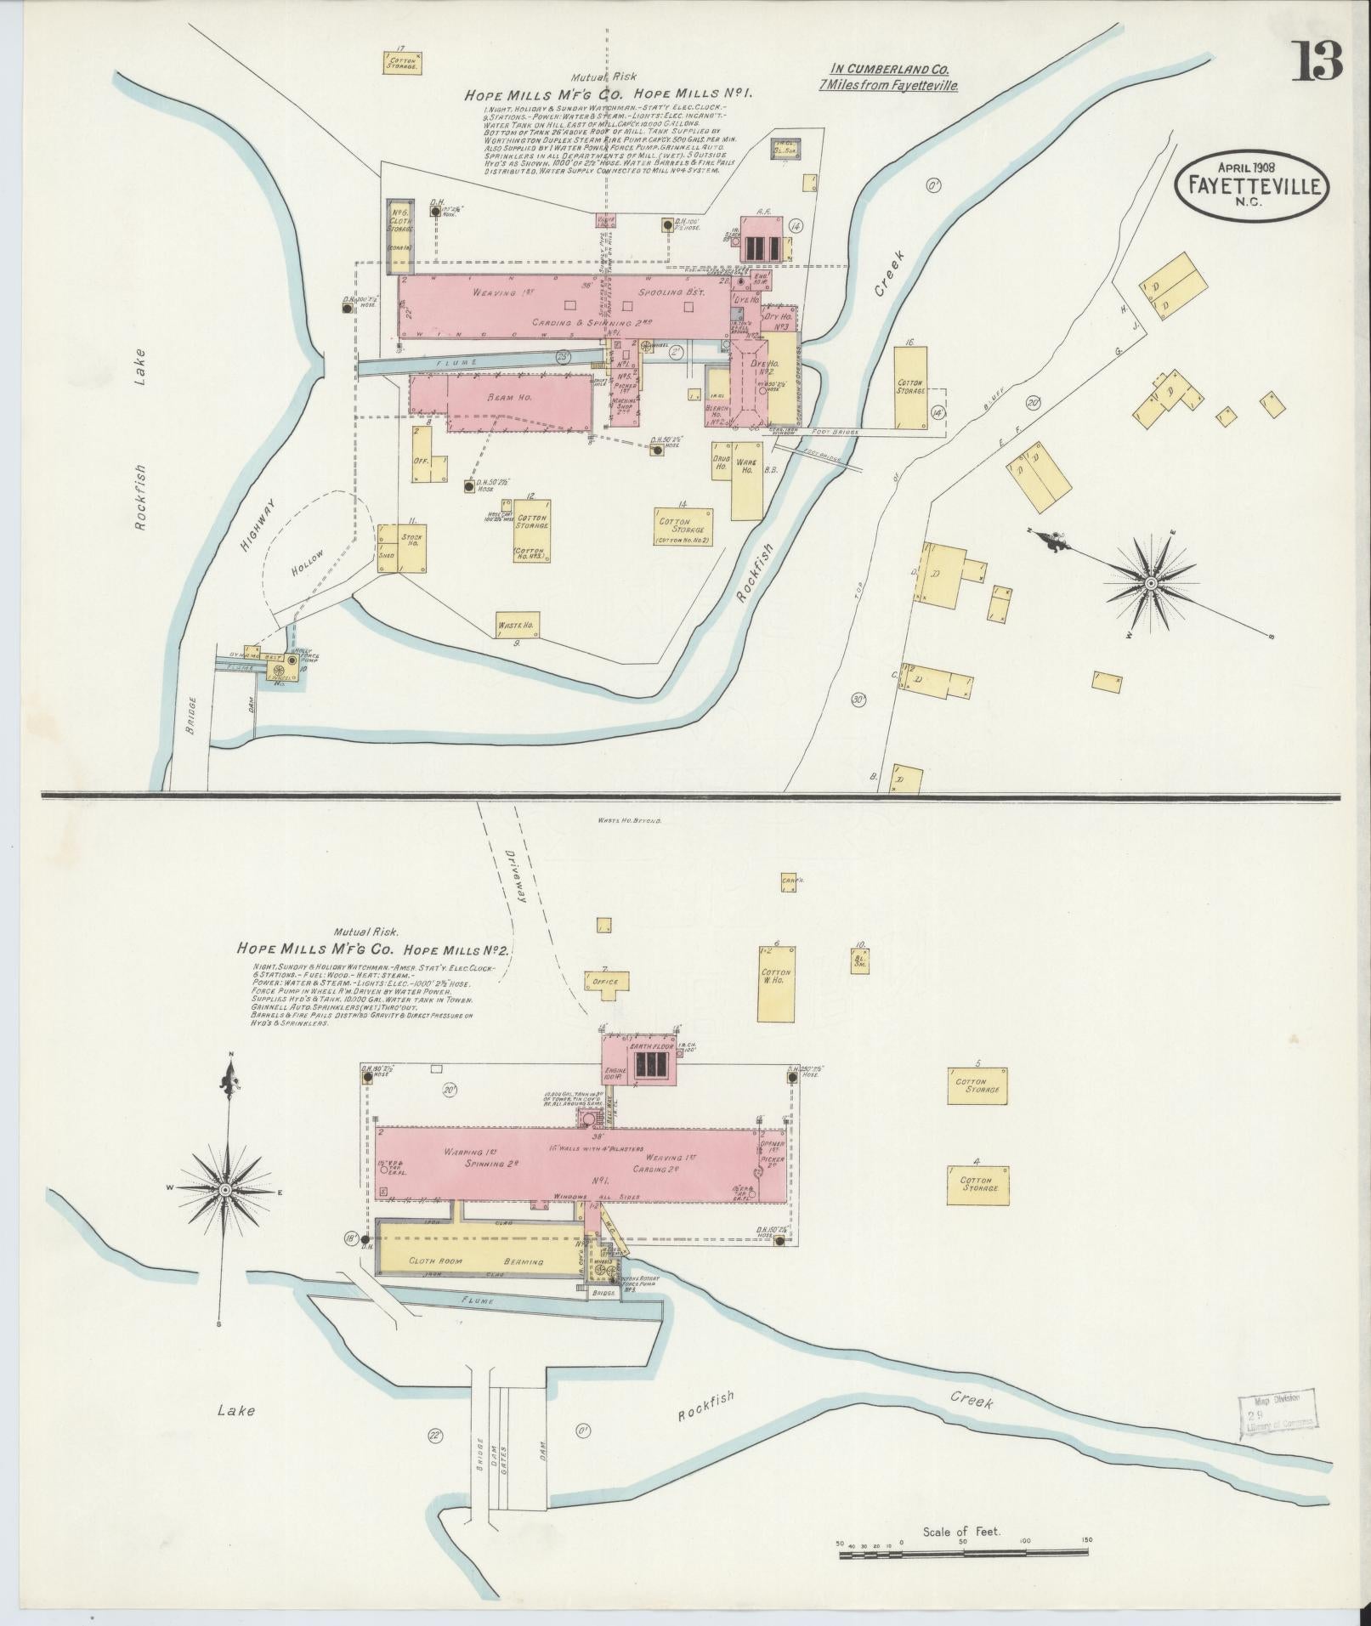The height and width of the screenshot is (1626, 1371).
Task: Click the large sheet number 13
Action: pos(1317,61)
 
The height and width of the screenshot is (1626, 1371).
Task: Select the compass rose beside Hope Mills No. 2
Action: pos(225,1189)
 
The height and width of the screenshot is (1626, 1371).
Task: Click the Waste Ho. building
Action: pos(518,624)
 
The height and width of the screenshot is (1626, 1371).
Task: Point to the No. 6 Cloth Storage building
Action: pos(400,229)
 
